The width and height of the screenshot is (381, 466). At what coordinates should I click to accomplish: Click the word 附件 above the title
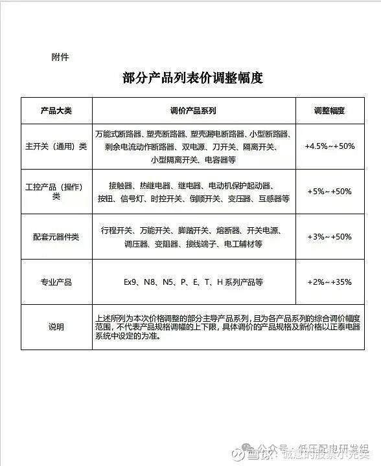click(x=60, y=57)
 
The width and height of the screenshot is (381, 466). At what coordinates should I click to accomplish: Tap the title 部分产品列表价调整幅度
click(x=192, y=79)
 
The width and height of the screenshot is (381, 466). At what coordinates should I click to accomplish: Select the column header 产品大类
click(x=56, y=111)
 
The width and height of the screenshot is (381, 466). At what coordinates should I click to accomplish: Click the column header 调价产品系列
click(x=193, y=111)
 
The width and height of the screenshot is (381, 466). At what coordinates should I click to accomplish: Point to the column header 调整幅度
click(x=329, y=111)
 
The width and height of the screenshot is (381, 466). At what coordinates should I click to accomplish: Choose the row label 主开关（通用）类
click(x=56, y=146)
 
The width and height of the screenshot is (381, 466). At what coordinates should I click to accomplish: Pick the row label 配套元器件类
click(x=56, y=237)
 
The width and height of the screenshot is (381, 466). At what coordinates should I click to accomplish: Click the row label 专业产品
click(x=56, y=282)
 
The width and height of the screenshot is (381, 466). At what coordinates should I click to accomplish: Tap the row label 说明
click(x=56, y=327)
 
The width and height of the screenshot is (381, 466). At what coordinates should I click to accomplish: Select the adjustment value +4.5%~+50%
click(x=329, y=146)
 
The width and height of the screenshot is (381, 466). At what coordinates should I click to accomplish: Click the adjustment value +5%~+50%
click(x=329, y=192)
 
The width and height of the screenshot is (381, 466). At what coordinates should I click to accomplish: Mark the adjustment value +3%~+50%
click(x=329, y=237)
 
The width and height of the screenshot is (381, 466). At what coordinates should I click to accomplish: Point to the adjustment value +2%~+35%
click(x=329, y=282)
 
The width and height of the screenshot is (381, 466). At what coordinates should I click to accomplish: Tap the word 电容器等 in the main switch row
click(x=220, y=159)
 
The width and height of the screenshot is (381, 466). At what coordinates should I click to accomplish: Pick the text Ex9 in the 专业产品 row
click(x=132, y=282)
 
